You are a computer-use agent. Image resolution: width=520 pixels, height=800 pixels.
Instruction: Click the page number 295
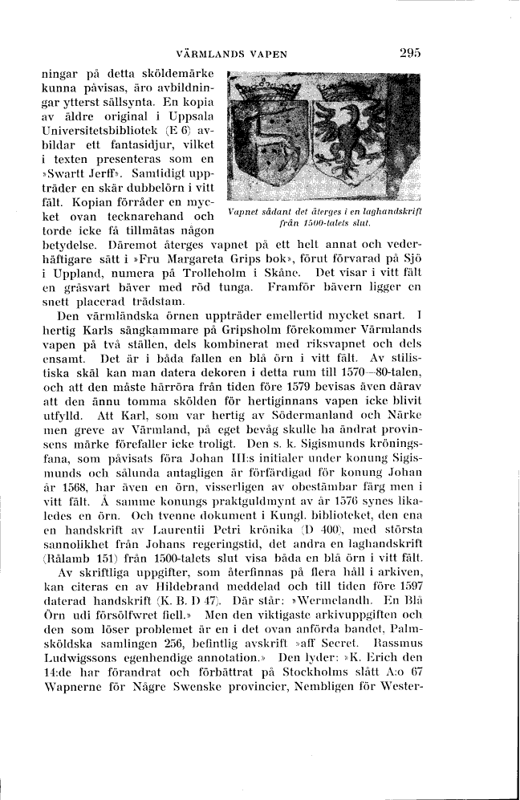(x=409, y=53)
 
